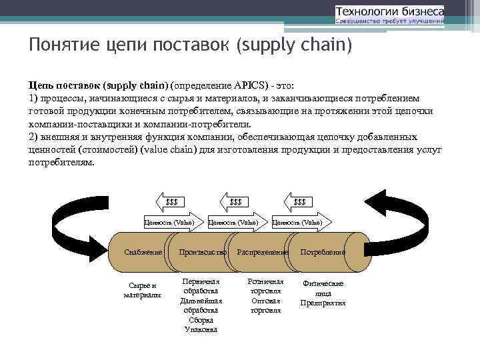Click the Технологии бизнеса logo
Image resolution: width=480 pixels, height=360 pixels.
[389, 15]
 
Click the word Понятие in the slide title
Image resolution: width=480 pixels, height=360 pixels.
[57, 45]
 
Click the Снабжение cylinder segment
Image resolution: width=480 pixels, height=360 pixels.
[143, 253]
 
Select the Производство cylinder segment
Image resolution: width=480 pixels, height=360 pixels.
[203, 253]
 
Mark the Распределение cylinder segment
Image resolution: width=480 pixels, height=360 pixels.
[261, 253]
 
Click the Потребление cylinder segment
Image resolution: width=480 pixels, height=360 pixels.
[323, 253]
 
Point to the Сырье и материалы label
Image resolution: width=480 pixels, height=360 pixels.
[142, 290]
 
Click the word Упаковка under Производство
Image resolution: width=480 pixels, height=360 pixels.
[201, 329]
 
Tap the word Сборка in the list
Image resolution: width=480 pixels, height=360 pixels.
[201, 319]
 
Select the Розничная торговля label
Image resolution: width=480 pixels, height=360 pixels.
[265, 286]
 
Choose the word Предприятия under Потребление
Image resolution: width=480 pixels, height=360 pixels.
[323, 303]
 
